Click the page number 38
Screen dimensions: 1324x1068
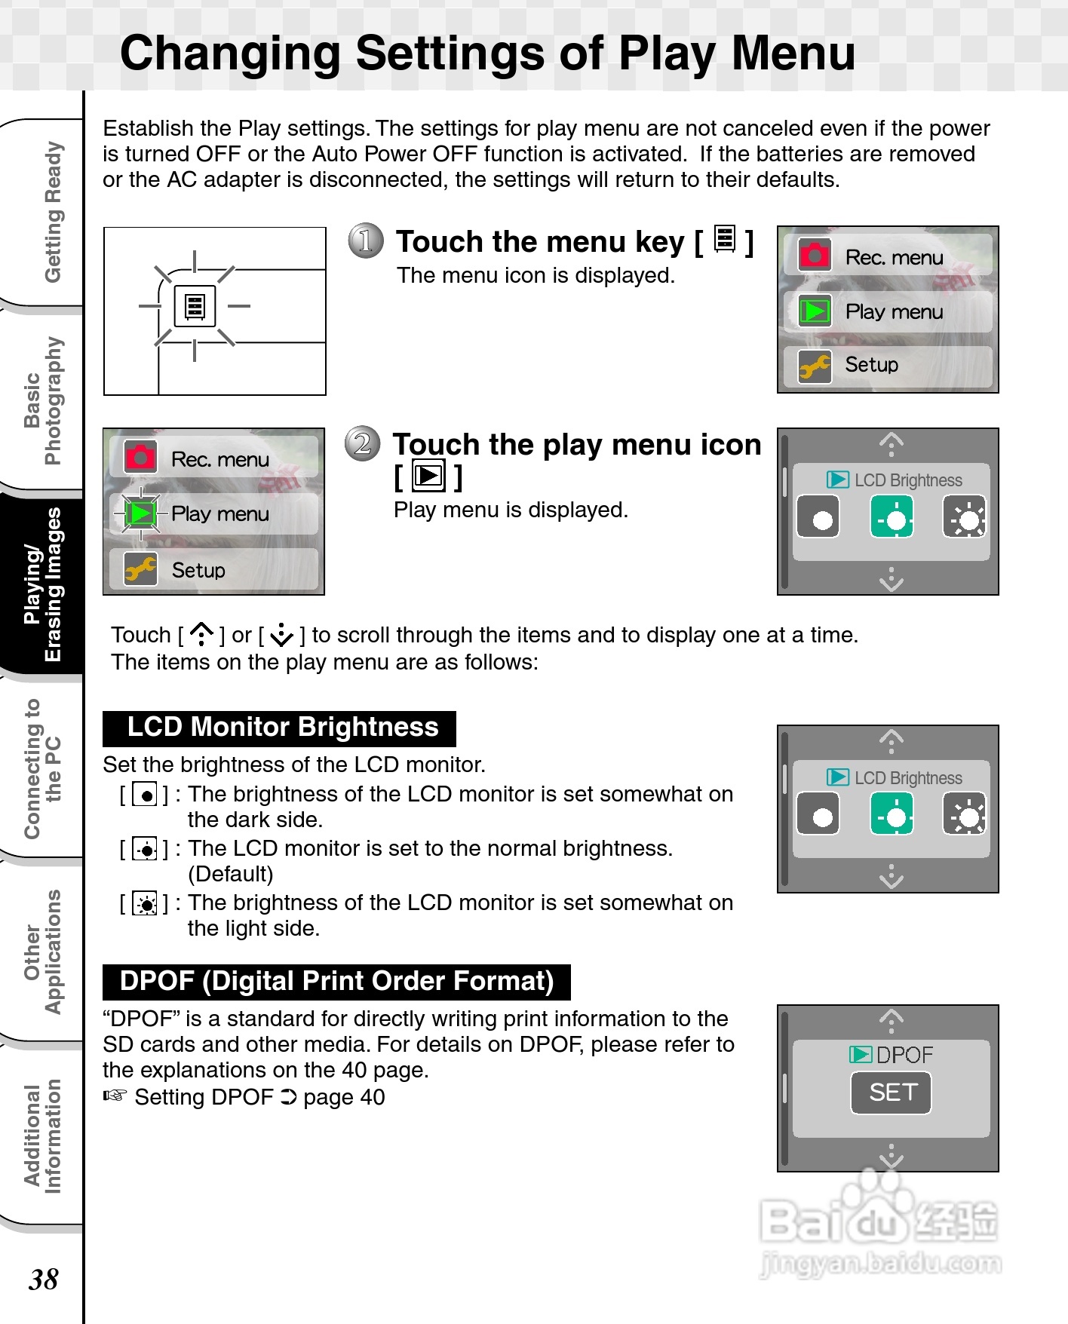coord(43,1279)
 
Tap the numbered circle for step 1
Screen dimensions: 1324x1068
coord(366,241)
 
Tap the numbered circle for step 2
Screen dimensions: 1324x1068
coord(363,443)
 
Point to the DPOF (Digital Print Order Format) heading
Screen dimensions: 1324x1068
coord(336,981)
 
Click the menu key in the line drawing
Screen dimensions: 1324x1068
coord(195,306)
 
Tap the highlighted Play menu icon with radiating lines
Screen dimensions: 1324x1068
coord(140,513)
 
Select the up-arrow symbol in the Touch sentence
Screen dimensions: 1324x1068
coord(201,635)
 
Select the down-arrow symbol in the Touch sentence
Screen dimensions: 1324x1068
coord(281,635)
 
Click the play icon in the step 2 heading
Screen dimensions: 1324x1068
coord(428,476)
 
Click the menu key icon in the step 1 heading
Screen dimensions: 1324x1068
coord(724,240)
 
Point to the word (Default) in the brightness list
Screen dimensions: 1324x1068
coord(231,874)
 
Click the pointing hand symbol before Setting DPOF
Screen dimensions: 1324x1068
coord(115,1096)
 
